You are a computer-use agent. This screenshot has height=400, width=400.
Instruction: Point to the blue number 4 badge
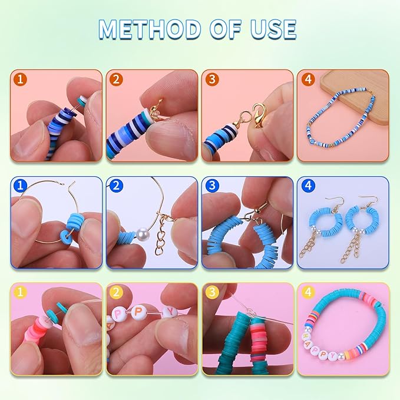coord(305,186)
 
